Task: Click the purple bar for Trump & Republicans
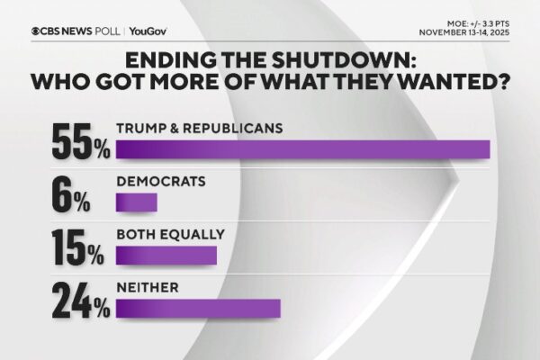coord(303,149)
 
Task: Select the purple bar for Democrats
coord(137,202)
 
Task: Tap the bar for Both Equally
coord(166,255)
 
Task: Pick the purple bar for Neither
coord(199,309)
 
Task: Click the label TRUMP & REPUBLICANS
coord(200,128)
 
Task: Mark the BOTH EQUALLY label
coord(170,234)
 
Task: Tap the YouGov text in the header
coord(147,30)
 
